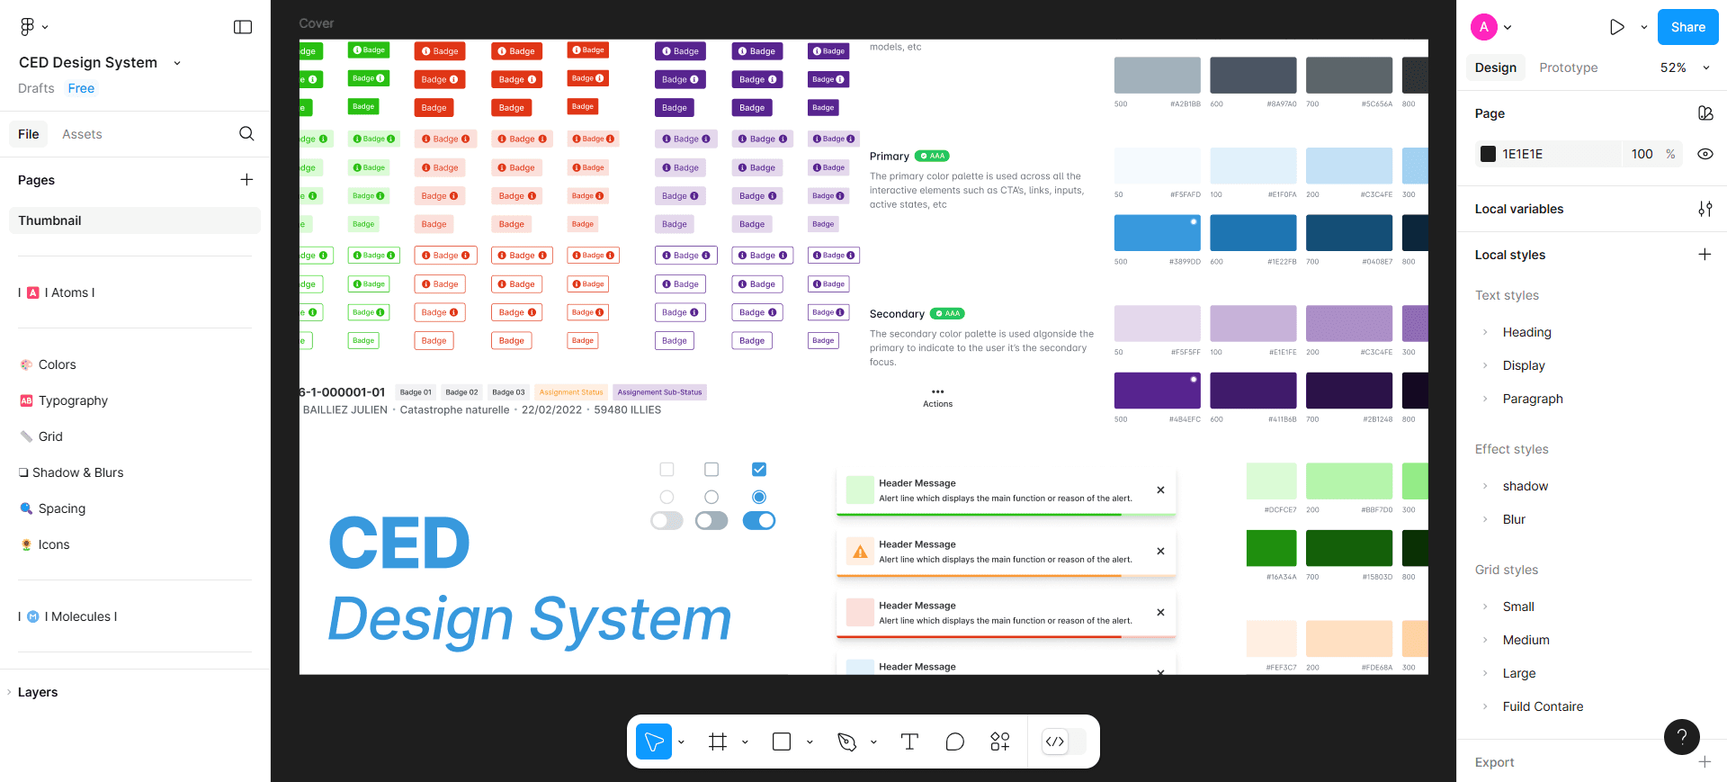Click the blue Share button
(x=1687, y=27)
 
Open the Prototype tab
(x=1568, y=67)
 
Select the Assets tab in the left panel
(x=82, y=134)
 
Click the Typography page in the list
(x=73, y=400)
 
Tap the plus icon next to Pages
(x=246, y=180)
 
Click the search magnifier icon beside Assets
(x=246, y=134)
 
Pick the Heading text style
(x=1526, y=332)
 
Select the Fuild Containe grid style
(x=1543, y=706)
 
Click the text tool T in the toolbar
(x=909, y=742)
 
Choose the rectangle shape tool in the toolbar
(x=782, y=742)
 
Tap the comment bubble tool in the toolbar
(x=954, y=742)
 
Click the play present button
(x=1616, y=27)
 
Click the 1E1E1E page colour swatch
(x=1489, y=154)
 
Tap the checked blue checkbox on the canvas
(x=759, y=469)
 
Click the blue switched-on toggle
(x=759, y=521)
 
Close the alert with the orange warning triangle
(x=1160, y=551)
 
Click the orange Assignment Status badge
(x=571, y=392)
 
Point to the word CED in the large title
(x=399, y=544)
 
